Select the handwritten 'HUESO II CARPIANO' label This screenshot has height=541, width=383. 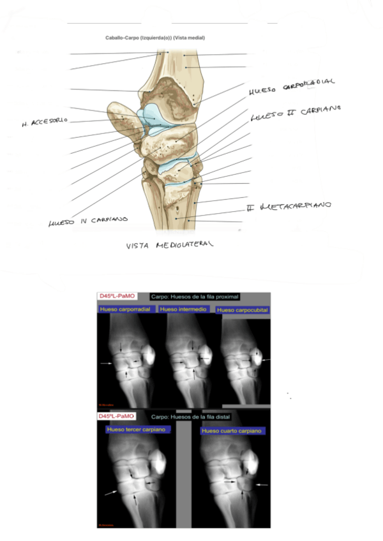tap(294, 114)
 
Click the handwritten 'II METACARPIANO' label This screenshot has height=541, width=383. tap(289, 207)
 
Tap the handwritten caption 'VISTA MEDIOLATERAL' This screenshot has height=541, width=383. tap(169, 244)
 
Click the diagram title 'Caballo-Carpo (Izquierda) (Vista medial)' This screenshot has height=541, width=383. tap(155, 38)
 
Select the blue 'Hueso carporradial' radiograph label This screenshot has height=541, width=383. tap(126, 309)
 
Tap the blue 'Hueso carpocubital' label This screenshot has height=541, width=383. tap(242, 310)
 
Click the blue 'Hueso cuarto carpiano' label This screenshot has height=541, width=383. tap(232, 431)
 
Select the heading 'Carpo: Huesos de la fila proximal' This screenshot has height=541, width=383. tap(195, 297)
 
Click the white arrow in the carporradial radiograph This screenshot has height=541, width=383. tap(105, 363)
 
